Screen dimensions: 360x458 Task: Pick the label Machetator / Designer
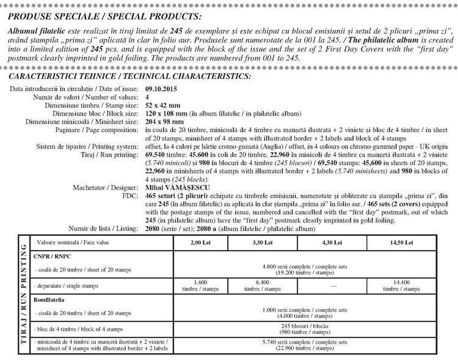pyautogui.click(x=106, y=186)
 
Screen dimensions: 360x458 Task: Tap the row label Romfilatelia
pyautogui.click(x=51, y=301)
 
